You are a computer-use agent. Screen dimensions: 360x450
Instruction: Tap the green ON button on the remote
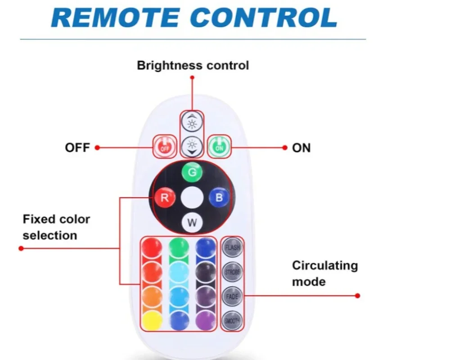[219, 146]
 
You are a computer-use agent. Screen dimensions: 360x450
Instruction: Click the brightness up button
[192, 122]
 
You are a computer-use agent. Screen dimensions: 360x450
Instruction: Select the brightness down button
[192, 146]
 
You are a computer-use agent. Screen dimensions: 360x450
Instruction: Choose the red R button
[164, 198]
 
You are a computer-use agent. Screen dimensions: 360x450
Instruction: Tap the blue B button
[219, 197]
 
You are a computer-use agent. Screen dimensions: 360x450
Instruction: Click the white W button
[192, 222]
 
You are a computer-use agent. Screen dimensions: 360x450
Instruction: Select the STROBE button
[232, 271]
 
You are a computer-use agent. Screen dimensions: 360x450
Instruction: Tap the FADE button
[232, 296]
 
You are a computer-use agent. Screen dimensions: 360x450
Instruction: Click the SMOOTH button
[232, 320]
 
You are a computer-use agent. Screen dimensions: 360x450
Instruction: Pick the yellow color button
[152, 321]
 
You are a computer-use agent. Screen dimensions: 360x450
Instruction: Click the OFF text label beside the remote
[77, 148]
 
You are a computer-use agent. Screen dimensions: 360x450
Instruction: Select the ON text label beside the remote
[301, 148]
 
